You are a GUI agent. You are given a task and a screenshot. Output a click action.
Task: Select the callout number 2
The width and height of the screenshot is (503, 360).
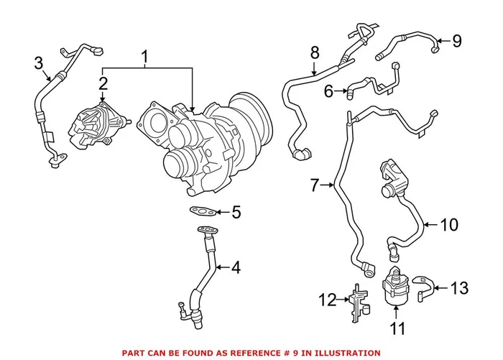click(103, 85)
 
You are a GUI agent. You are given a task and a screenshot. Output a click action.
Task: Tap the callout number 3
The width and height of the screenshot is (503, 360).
click(39, 64)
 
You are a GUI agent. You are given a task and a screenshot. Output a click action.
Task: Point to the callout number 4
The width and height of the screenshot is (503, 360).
click(236, 268)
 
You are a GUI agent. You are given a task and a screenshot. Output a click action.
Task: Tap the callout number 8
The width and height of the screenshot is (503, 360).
click(314, 52)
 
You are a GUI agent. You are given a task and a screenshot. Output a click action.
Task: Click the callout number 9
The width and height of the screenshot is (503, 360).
click(456, 41)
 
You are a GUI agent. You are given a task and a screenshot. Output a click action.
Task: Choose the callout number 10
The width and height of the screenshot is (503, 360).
click(448, 225)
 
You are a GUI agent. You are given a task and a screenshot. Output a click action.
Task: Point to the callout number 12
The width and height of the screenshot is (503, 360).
click(328, 300)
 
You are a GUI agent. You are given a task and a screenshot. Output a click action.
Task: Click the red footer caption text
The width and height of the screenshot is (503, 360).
click(251, 353)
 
